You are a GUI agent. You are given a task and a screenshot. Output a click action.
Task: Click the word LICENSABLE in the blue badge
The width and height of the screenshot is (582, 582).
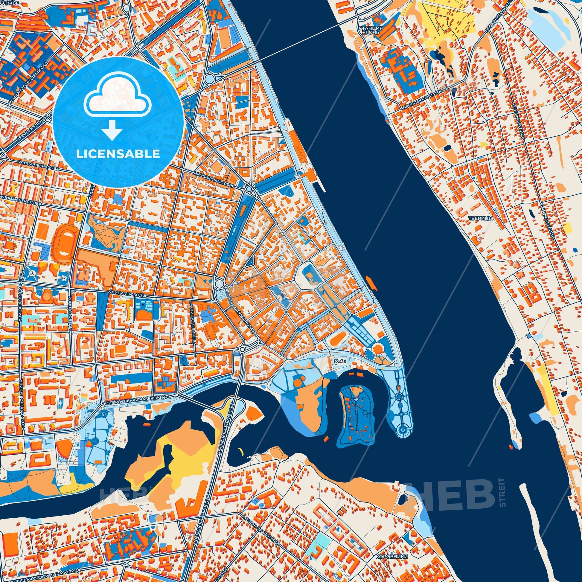118,154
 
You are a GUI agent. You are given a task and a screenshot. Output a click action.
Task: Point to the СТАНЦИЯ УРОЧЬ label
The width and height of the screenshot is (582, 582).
371,30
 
